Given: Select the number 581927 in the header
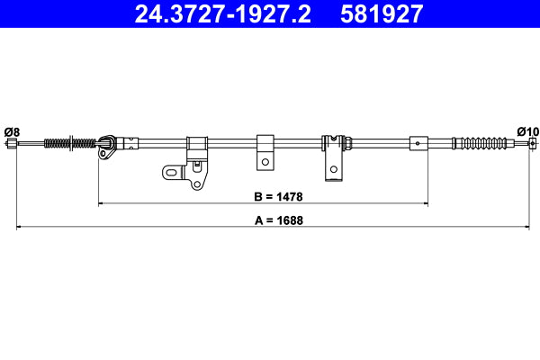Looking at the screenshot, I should [382, 13].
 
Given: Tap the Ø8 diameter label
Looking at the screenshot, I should [12, 131].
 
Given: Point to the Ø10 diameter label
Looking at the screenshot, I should [527, 131].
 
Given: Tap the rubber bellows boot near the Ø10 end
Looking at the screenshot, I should [486, 142].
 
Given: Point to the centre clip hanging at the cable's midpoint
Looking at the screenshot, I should [265, 151].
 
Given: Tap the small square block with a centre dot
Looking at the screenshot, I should [418, 142].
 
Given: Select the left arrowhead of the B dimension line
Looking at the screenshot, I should [100, 204].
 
